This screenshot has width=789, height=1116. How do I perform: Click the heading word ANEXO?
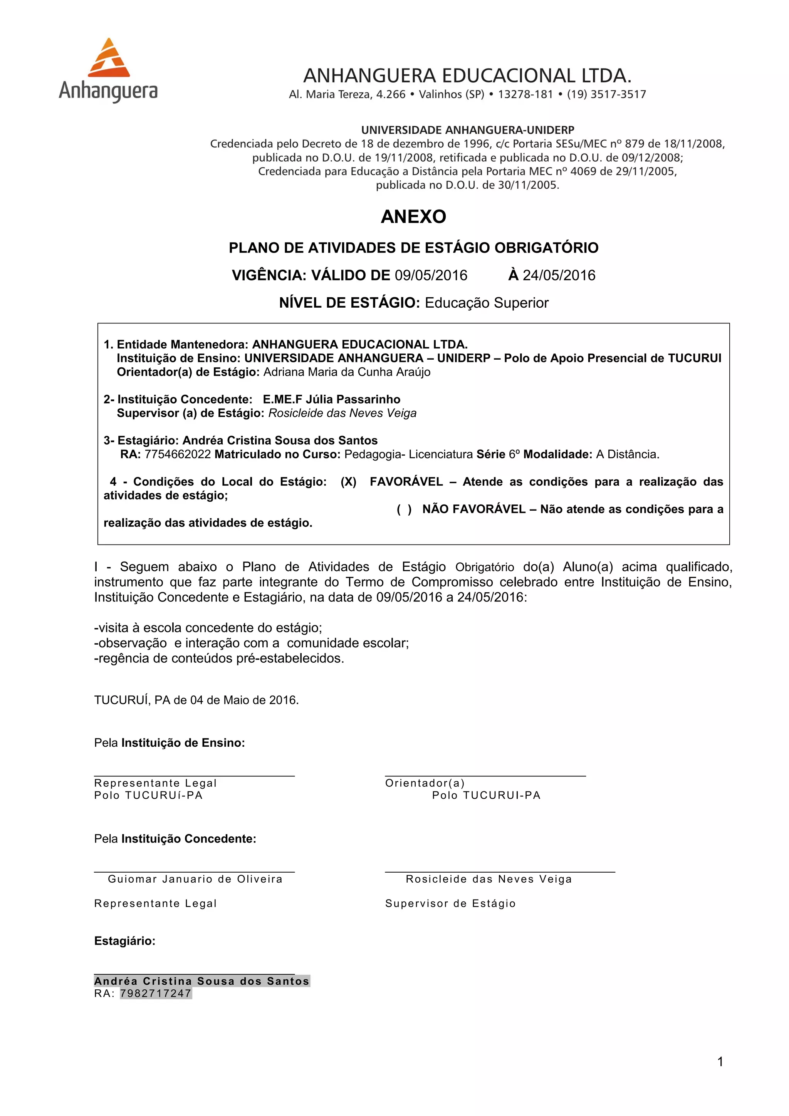pos(413,217)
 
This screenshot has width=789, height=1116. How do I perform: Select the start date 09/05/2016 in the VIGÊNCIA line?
pos(431,276)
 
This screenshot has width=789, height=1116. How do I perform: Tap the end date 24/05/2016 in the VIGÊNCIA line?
pos(559,276)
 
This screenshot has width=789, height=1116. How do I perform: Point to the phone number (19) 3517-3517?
pos(606,94)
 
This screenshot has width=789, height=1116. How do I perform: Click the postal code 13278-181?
pos(525,94)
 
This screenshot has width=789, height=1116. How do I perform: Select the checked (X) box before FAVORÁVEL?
pos(348,482)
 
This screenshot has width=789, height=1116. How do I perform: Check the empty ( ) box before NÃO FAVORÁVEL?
pos(404,509)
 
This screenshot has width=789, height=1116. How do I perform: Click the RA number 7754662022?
pos(178,454)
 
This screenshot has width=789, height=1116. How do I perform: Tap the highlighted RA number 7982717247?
pos(156,993)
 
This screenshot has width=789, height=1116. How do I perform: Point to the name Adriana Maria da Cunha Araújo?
pos(347,372)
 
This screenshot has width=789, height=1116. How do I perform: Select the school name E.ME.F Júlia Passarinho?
pos(332,400)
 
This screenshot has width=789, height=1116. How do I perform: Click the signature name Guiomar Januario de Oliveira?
pos(195,879)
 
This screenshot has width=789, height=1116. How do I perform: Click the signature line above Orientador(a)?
pos(485,776)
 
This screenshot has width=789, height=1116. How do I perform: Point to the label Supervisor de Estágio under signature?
pos(450,903)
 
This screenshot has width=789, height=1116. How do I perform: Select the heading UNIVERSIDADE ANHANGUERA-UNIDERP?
pos(467,130)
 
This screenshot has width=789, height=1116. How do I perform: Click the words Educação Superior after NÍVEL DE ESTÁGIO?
pos(487,303)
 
